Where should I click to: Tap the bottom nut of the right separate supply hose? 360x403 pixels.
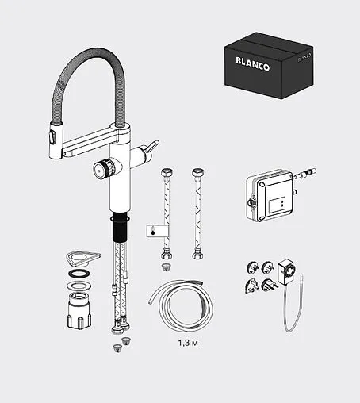(x=196, y=254)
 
